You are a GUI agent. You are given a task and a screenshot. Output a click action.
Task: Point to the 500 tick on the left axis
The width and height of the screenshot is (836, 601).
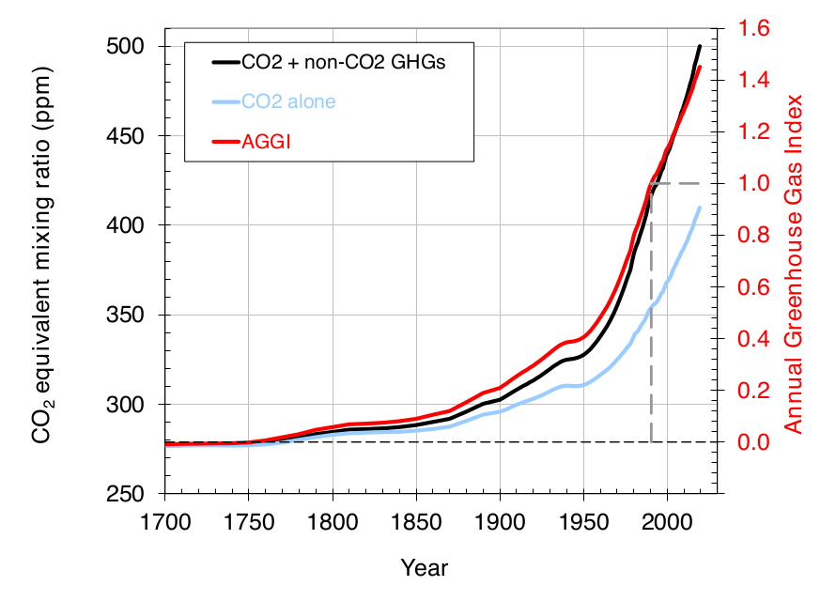pos(135,47)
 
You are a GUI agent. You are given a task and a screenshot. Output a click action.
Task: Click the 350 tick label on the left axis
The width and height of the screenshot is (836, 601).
pos(135,315)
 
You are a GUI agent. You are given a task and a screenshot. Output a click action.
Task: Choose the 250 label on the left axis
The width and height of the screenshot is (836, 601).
pos(135,494)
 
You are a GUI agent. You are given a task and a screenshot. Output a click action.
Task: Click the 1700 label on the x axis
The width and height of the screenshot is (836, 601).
pos(165,521)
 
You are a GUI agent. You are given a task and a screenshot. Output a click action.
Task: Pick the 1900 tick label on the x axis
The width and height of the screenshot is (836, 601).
pos(500,521)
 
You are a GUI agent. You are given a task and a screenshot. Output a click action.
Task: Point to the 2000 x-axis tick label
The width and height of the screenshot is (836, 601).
pos(667,521)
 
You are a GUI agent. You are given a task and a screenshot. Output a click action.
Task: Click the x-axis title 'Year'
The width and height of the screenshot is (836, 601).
pos(425,567)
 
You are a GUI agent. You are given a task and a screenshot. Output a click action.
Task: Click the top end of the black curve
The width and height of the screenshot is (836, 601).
pos(699,46)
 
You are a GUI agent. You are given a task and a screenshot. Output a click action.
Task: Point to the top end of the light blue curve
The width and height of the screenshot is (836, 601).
pos(699,208)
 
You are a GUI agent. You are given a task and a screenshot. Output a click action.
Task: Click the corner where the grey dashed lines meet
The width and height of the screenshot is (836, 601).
pos(651,183)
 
